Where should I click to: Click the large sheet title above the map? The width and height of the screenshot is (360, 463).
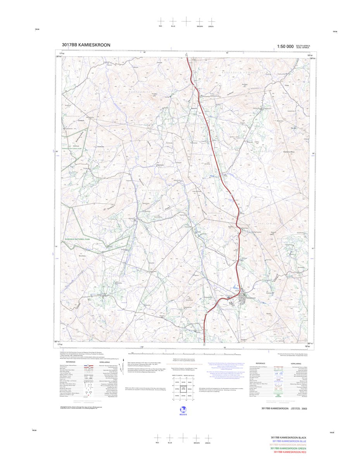(x=86, y=45)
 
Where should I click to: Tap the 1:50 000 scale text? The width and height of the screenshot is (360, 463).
(x=285, y=47)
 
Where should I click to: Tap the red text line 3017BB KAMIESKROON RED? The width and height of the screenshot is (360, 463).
(x=289, y=452)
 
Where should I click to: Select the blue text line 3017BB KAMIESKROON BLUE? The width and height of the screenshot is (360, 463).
(x=289, y=441)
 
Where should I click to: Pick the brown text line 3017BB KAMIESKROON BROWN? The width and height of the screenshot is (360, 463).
(x=289, y=445)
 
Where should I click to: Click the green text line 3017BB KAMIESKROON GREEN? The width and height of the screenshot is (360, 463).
(x=289, y=449)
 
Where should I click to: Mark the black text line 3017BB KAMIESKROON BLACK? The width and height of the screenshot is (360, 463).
(x=289, y=437)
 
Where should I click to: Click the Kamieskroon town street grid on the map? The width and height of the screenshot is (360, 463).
(x=244, y=299)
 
